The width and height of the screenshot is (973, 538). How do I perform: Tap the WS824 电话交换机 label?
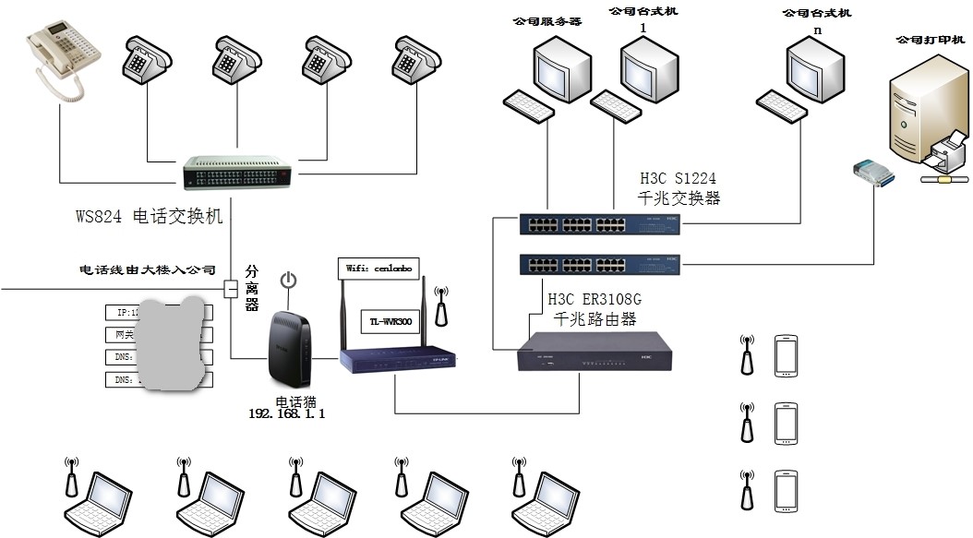[149, 218]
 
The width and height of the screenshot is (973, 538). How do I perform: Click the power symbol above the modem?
[288, 280]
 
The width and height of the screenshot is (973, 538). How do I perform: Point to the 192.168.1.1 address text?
[287, 414]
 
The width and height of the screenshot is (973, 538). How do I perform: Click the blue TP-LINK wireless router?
[400, 360]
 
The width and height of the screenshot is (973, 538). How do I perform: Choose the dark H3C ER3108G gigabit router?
[593, 353]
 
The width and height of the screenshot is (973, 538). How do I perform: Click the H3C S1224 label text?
[679, 187]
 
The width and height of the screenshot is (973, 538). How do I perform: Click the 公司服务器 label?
[547, 21]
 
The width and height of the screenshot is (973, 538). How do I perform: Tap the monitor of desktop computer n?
[814, 66]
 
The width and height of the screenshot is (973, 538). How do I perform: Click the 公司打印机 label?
[929, 41]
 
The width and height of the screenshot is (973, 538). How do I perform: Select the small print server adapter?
[871, 171]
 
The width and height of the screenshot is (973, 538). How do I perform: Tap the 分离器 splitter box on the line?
[231, 289]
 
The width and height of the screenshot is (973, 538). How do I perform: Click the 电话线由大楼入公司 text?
[148, 270]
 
